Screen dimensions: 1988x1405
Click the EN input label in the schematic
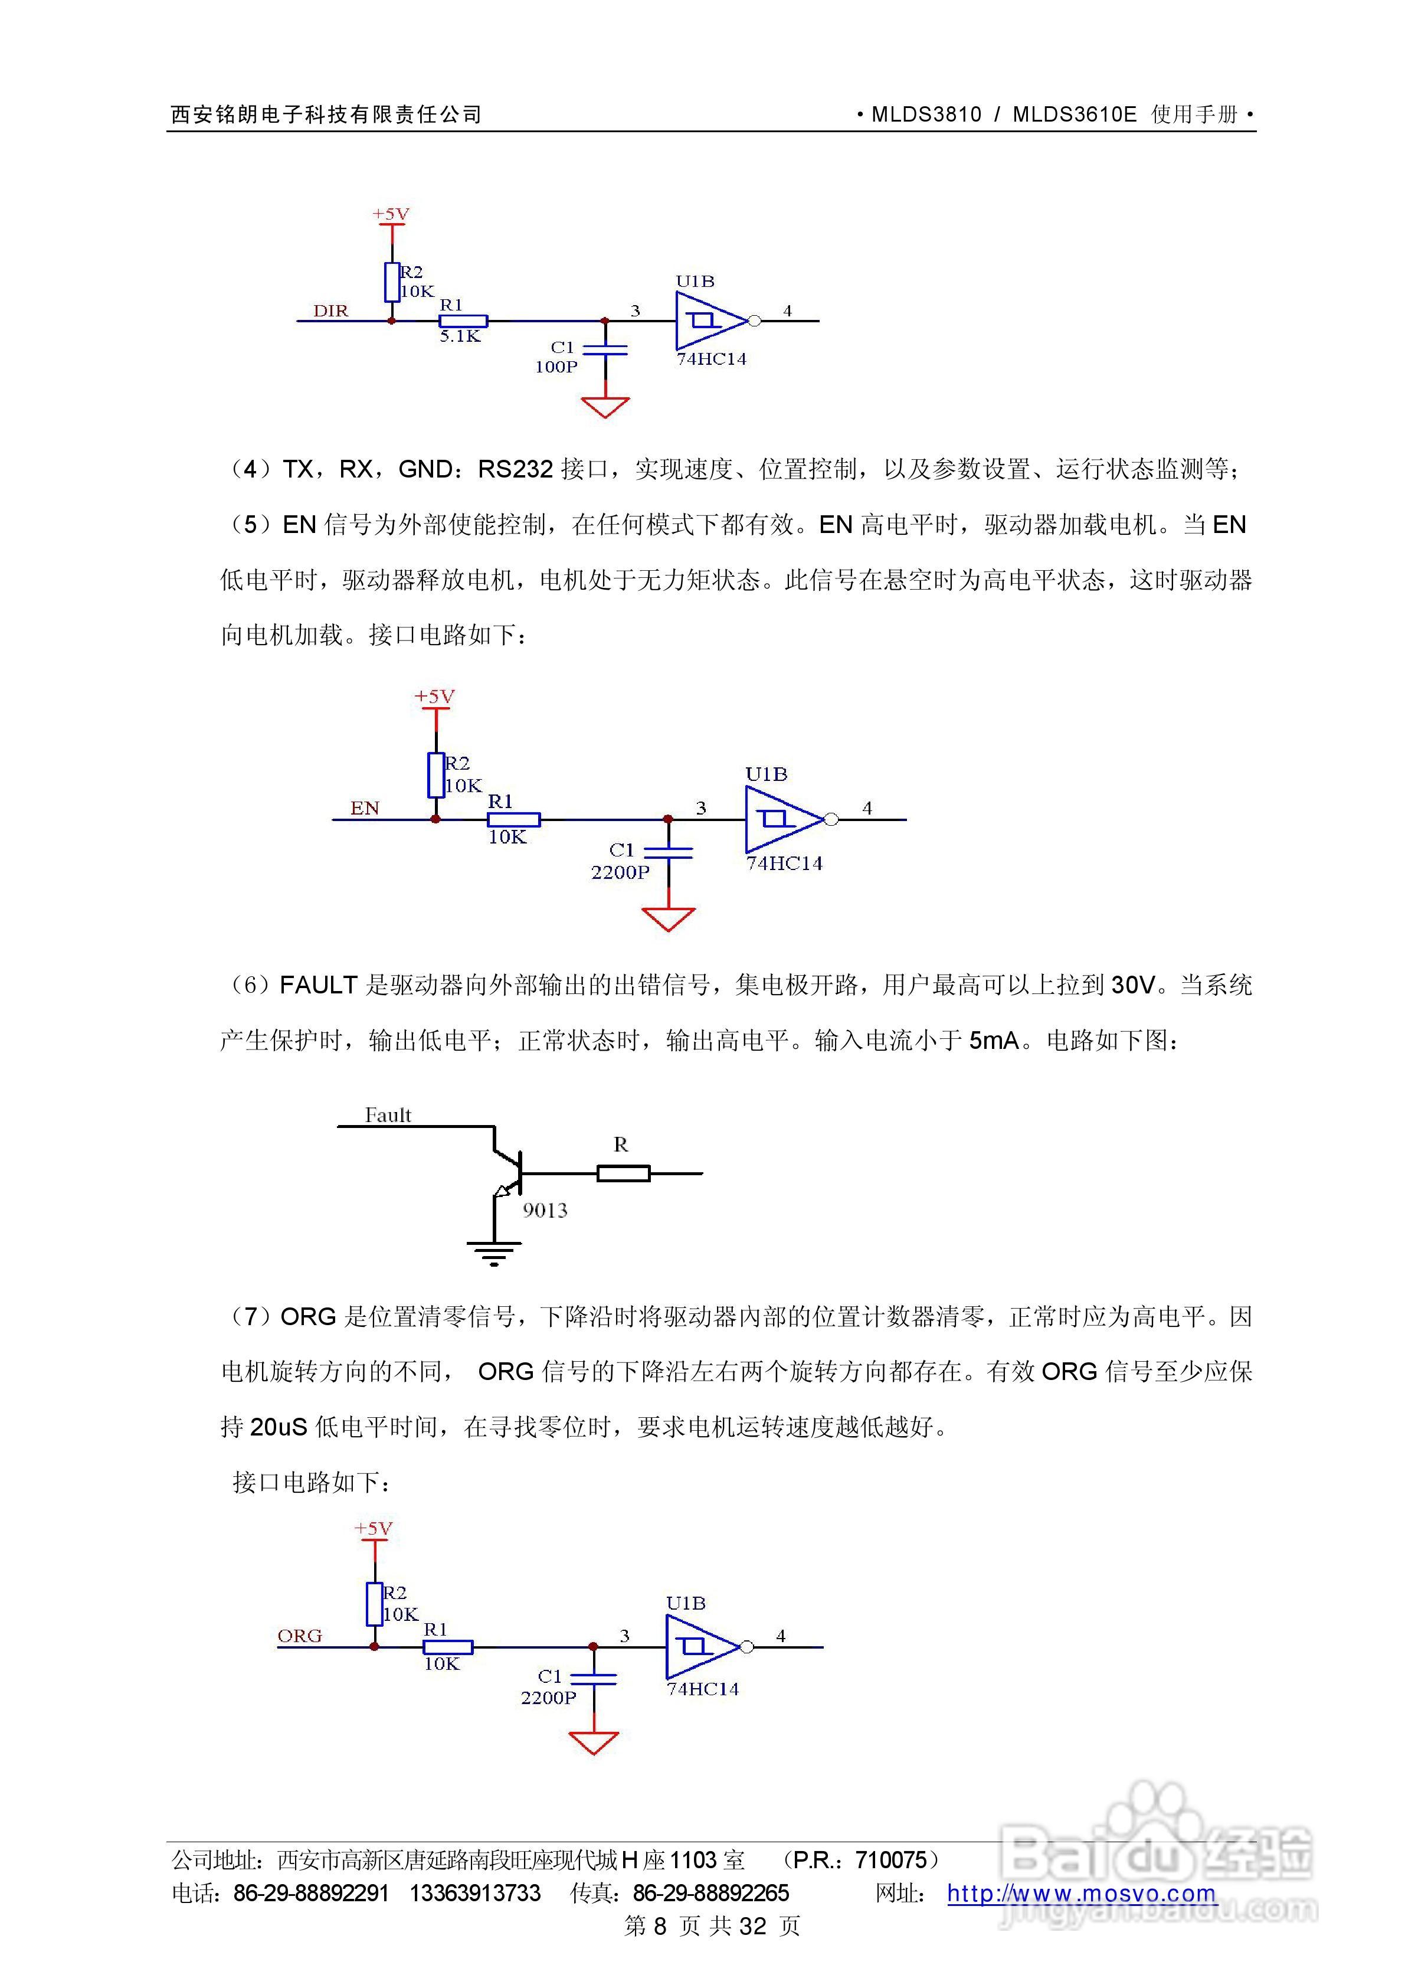pos(365,809)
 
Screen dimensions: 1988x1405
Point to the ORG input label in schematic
pos(300,1636)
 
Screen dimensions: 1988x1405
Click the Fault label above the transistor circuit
pos(388,1115)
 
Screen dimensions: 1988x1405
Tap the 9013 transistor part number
pos(545,1211)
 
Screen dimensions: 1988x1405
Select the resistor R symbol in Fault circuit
pos(623,1173)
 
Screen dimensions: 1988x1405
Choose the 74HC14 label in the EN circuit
pos(784,863)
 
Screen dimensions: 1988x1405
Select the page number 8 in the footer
pos(660,1925)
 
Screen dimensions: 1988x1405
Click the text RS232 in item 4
pos(515,469)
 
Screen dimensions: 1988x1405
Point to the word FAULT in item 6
pos(319,985)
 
